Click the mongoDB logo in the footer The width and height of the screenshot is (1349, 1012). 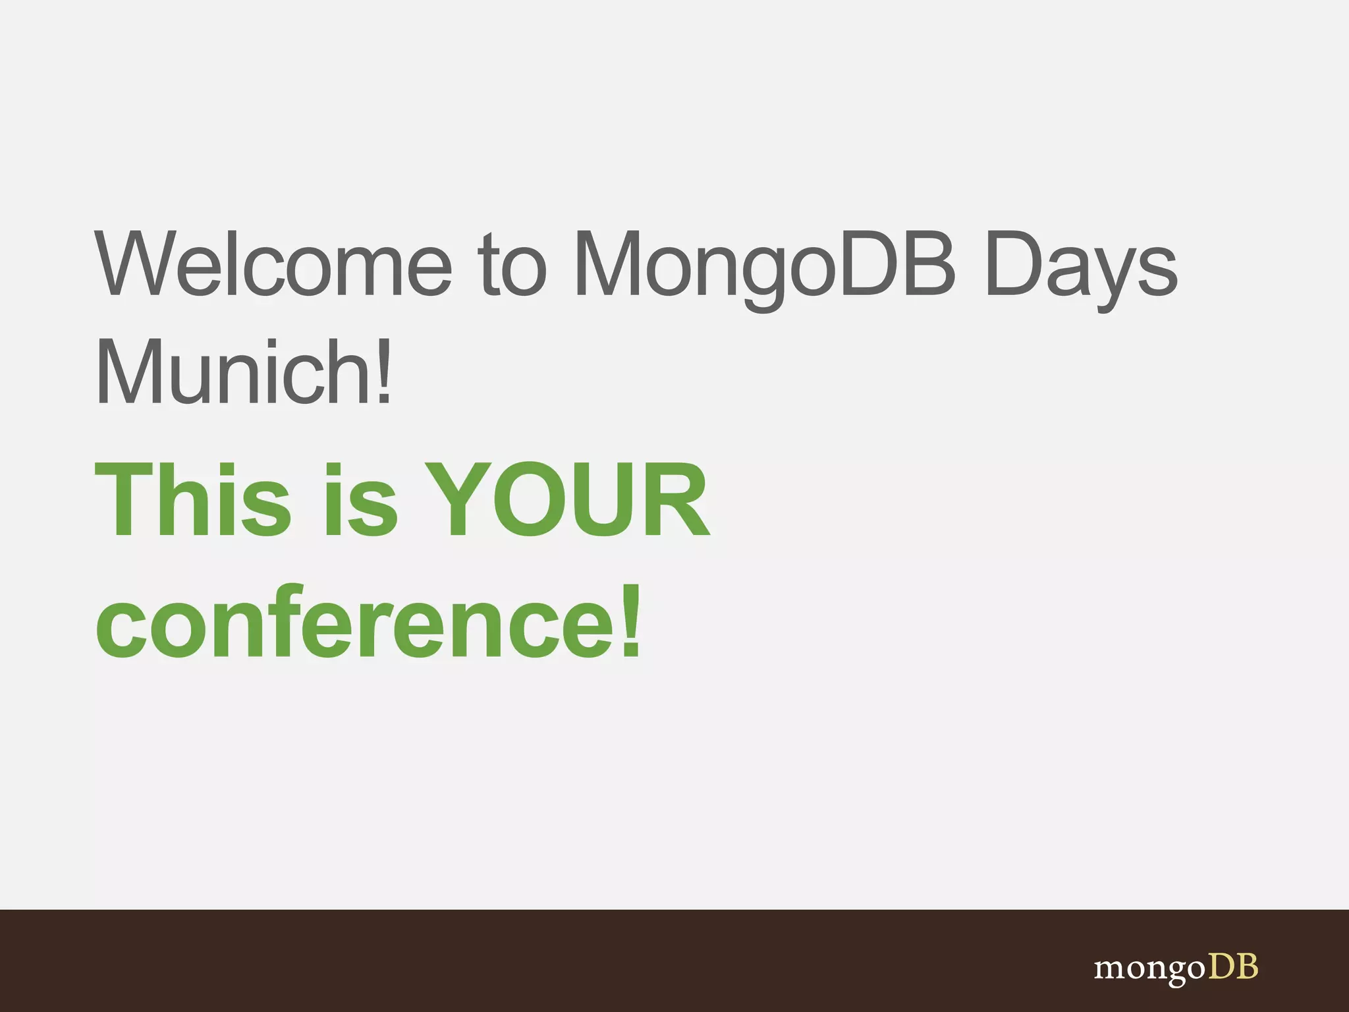(x=1176, y=969)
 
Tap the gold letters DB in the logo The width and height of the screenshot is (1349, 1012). (x=1233, y=967)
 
